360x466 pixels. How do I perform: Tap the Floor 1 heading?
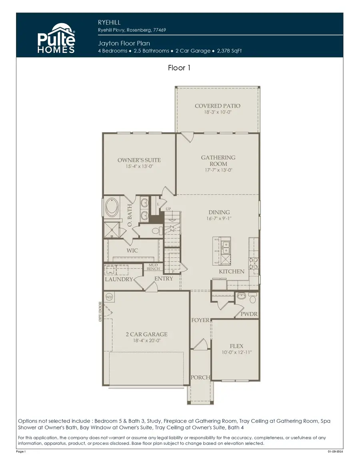coord(179,68)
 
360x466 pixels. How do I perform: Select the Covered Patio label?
coord(218,106)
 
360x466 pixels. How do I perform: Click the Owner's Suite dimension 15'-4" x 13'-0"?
coord(139,166)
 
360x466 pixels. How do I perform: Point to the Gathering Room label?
coord(218,160)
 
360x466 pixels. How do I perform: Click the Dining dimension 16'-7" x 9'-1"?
coord(219,219)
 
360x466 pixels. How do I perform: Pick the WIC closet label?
coord(132,250)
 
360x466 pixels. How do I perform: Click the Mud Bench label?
coord(154,267)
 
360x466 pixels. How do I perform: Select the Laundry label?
coord(119,279)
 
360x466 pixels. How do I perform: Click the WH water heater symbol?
coord(109,297)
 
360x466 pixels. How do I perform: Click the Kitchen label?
coord(232,272)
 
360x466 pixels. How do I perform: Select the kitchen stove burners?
coord(253,263)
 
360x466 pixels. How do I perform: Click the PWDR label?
coord(249,315)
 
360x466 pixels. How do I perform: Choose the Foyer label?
coord(200,320)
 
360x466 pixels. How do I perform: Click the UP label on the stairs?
coord(168,209)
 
